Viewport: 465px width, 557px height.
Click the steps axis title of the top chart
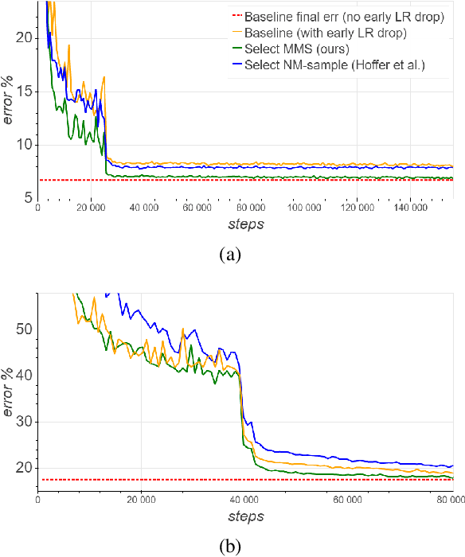point(244,224)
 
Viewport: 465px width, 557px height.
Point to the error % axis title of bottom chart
point(9,395)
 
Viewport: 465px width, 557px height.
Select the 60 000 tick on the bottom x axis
point(347,501)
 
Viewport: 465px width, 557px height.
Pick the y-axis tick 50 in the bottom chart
point(24,328)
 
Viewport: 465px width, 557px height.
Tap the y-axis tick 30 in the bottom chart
point(24,421)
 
